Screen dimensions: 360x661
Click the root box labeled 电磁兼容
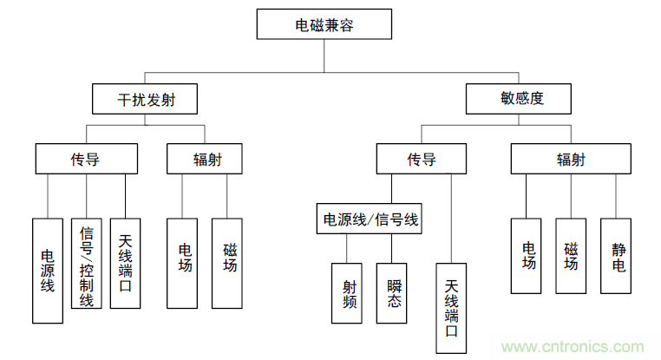[324, 25]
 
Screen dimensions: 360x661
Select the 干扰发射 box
[145, 99]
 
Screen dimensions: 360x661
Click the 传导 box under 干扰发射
[86, 159]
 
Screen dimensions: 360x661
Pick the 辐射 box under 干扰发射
[205, 159]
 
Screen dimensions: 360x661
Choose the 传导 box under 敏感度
[422, 159]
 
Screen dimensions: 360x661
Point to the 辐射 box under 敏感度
[570, 159]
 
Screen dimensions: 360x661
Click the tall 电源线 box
[48, 270]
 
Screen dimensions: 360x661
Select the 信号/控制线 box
[86, 263]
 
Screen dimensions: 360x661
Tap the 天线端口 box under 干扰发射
[125, 263]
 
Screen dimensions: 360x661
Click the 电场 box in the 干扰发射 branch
[185, 263]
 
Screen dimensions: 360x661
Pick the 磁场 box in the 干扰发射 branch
[230, 263]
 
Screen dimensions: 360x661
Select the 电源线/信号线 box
[370, 220]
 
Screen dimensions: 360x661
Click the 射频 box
[346, 292]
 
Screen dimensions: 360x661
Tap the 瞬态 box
[391, 292]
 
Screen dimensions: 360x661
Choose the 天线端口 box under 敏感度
[451, 308]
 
